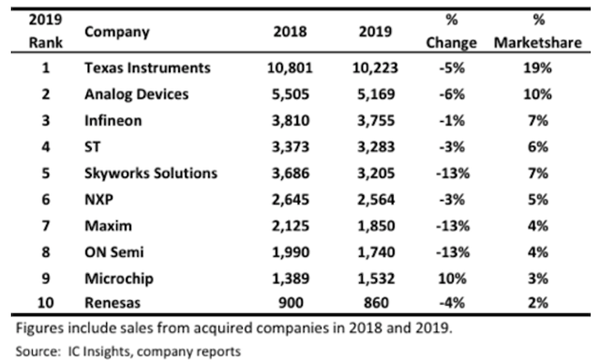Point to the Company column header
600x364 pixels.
117,31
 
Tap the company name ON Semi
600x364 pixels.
118,246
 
